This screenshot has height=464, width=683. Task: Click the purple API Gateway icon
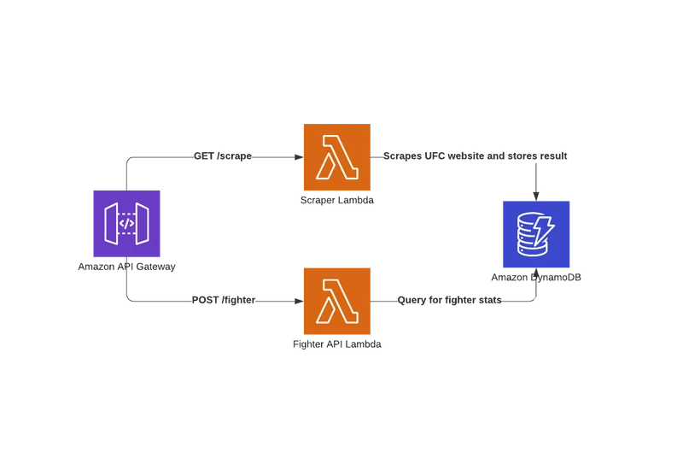pos(126,223)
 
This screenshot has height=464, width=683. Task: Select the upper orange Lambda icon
pos(337,158)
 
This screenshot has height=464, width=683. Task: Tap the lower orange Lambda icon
pos(337,301)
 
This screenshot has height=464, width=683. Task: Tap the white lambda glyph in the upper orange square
pos(337,159)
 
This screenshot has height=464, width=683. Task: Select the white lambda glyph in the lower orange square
pos(337,302)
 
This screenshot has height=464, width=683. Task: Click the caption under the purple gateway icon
pos(126,268)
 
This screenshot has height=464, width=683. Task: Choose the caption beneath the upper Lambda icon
pos(337,203)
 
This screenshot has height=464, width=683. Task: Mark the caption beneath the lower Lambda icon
pos(337,345)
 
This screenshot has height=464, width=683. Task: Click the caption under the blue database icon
pos(536,279)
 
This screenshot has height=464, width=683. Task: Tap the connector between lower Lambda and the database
pos(461,301)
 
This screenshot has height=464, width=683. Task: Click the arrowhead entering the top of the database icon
pos(536,194)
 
